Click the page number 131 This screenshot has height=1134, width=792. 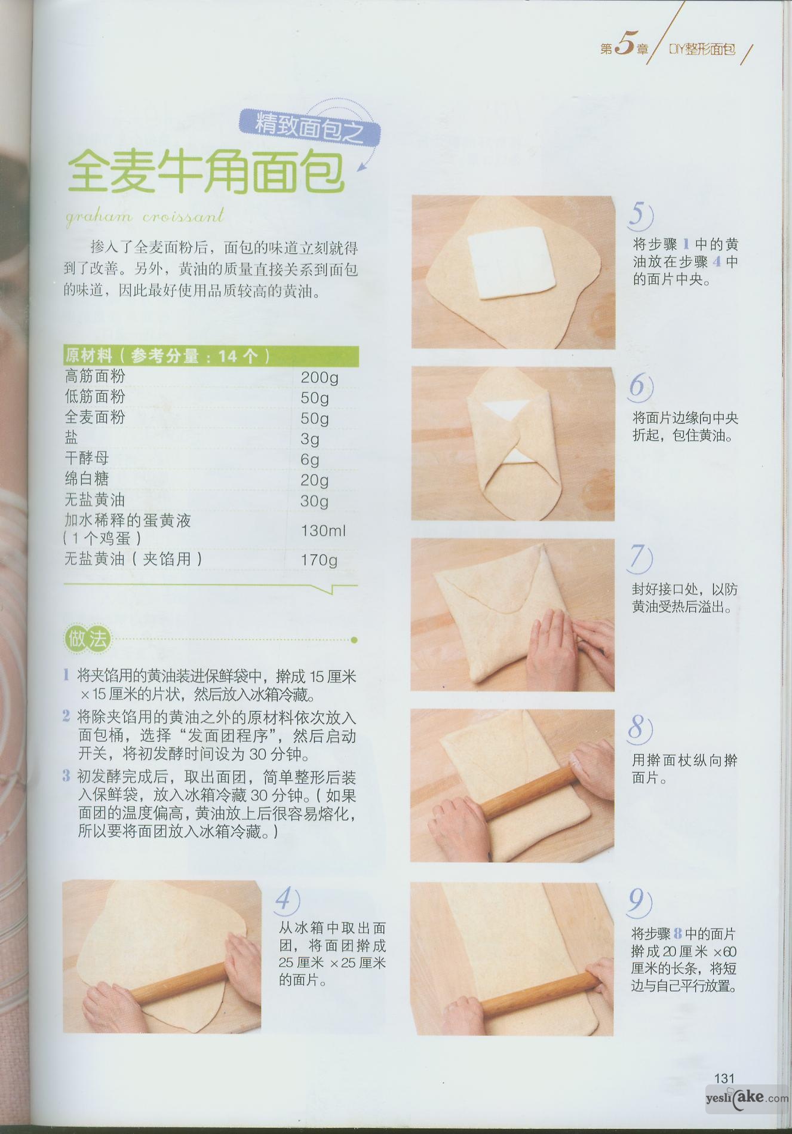tap(724, 1078)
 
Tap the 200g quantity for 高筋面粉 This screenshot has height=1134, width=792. tap(319, 378)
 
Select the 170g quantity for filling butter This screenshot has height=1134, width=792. tap(319, 560)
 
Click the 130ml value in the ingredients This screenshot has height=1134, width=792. tap(323, 530)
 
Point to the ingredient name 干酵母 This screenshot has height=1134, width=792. tap(87, 458)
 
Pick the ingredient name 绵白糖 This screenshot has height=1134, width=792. tap(87, 479)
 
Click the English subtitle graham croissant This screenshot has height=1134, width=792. tap(145, 216)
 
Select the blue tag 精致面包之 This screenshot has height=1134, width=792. tap(309, 127)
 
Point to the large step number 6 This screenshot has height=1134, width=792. tap(639, 387)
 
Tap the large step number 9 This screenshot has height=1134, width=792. tap(638, 902)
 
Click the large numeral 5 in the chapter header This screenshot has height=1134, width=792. tap(624, 45)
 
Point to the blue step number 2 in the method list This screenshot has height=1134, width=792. tap(66, 716)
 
